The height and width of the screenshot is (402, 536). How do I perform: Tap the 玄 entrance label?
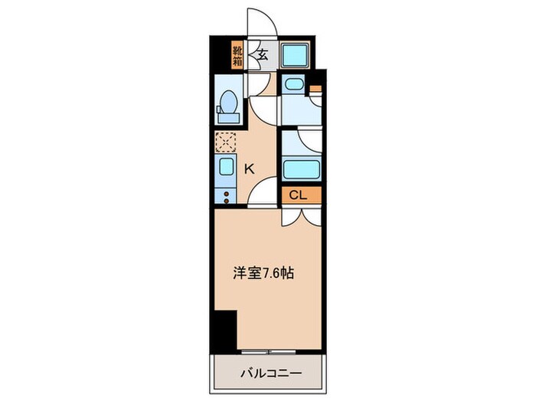pos(262,54)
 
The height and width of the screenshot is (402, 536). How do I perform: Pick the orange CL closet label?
pos(299,195)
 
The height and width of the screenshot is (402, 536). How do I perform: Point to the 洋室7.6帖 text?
pos(266,272)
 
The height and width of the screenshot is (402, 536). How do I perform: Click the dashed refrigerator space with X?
pos(227,142)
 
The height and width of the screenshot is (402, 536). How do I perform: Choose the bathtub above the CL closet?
pos(299,168)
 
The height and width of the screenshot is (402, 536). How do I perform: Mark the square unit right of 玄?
pos(293,55)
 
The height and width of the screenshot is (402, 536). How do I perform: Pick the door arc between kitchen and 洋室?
pos(265,193)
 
